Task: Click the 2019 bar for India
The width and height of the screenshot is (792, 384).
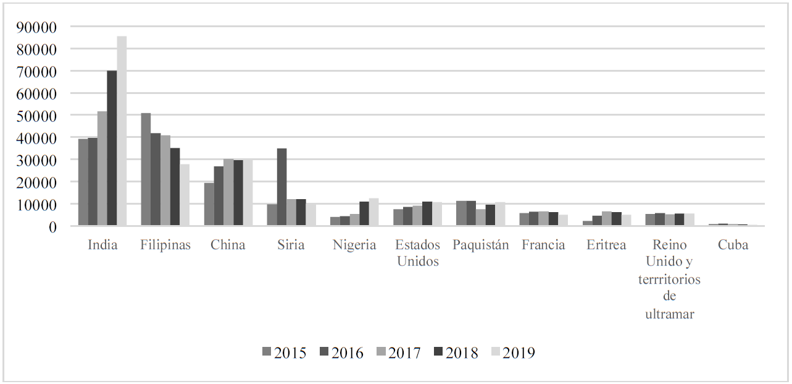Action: point(122,131)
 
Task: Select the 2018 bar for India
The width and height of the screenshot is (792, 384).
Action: point(112,148)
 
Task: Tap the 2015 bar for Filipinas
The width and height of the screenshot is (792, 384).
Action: point(146,169)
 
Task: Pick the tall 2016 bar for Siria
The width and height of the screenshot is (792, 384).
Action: point(281,187)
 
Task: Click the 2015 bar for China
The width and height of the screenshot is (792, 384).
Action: point(209,204)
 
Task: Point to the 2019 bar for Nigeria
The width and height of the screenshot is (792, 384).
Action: point(373,212)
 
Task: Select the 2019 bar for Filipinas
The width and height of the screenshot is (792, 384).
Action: point(185,195)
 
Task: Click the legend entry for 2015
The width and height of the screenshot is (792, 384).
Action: point(283,353)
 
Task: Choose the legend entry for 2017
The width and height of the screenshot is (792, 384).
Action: point(398,353)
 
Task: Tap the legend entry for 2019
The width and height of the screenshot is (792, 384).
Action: point(512,353)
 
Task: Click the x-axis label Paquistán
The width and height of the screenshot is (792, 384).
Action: point(480,245)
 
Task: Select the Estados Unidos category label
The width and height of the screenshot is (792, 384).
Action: point(418,253)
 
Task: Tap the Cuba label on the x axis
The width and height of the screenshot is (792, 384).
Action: point(733,245)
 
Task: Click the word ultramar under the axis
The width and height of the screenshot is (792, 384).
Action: point(670,314)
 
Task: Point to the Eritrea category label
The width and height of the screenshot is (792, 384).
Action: point(606,245)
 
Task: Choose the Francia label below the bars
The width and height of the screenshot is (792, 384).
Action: point(543,245)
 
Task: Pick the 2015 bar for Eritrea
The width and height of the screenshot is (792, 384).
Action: point(587,223)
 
